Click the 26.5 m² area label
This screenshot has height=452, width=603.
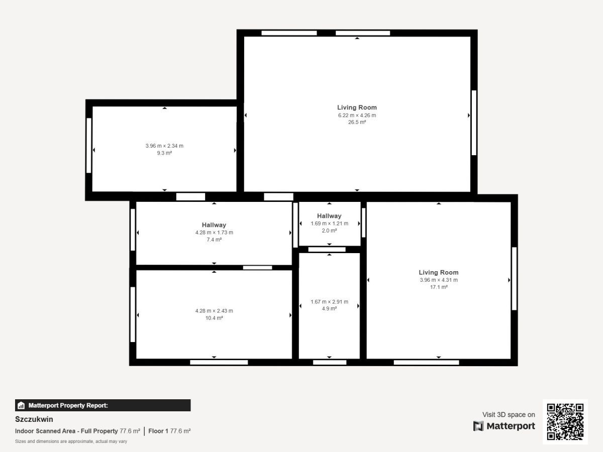[x=357, y=122]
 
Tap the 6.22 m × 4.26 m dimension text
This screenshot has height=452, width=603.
[x=357, y=116]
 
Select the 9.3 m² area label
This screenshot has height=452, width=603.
[x=164, y=153]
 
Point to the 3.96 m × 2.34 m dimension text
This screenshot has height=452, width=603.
[x=164, y=146]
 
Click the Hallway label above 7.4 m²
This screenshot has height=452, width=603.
[x=214, y=225]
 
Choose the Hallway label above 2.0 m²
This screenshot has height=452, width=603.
[x=329, y=216]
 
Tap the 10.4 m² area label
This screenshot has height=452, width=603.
[x=214, y=318]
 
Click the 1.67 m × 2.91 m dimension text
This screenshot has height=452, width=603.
[x=329, y=302]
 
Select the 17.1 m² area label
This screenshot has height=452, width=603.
[x=439, y=287]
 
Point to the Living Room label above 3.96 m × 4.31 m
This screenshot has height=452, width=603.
[x=439, y=272]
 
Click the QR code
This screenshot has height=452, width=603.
[x=565, y=422]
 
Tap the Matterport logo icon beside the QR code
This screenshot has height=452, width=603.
[x=478, y=426]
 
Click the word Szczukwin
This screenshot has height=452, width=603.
[x=34, y=419]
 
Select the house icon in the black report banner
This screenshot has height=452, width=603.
[x=21, y=405]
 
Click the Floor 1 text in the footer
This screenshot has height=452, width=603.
[x=158, y=431]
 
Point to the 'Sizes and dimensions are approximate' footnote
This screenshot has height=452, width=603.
[x=71, y=441]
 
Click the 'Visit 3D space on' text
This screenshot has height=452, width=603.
[x=509, y=414]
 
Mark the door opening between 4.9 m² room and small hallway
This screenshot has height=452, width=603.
[x=327, y=250]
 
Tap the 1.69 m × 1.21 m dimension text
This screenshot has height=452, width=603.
[x=329, y=223]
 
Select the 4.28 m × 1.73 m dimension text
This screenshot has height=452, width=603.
[x=214, y=233]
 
